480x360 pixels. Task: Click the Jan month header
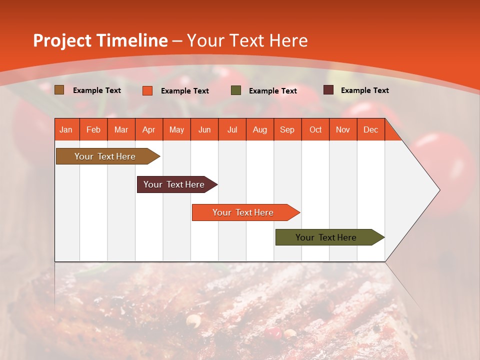click(66, 130)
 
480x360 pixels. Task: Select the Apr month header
click(149, 130)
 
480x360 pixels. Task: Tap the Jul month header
click(232, 130)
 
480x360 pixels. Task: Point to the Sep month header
click(287, 130)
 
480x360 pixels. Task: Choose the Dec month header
click(370, 130)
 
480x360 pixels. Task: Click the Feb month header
click(93, 130)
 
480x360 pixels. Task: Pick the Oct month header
click(315, 130)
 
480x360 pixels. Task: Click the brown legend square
click(59, 90)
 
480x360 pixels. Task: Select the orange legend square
click(147, 90)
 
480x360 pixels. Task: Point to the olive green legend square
click(236, 90)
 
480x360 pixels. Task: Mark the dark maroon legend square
click(328, 90)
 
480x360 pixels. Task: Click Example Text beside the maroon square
click(364, 90)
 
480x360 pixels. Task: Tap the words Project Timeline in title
click(100, 40)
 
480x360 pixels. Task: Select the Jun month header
click(204, 130)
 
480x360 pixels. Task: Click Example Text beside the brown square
click(97, 90)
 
